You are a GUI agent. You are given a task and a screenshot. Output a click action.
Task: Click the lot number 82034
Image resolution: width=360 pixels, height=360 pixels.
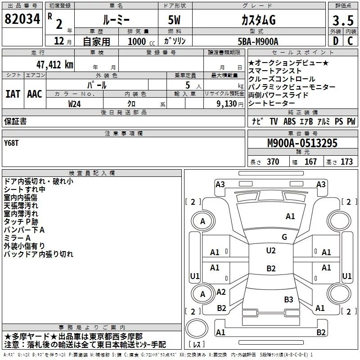[x=22, y=19]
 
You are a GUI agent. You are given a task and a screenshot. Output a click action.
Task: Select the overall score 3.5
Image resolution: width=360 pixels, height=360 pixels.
[x=343, y=20]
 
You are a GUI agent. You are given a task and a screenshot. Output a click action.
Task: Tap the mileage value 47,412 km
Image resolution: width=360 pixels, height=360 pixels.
[x=55, y=65]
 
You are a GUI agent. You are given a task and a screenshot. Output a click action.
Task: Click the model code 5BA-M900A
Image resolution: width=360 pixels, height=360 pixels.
[x=258, y=41]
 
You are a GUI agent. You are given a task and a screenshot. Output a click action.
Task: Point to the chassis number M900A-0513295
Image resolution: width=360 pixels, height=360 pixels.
[x=302, y=143]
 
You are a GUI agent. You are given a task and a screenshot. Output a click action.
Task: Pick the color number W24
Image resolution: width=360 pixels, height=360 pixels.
[x=74, y=104]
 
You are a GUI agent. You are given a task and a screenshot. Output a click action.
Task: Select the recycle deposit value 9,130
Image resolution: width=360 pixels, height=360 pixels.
[x=227, y=104]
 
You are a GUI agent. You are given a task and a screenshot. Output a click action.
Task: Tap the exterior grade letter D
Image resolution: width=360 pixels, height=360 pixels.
[x=336, y=41]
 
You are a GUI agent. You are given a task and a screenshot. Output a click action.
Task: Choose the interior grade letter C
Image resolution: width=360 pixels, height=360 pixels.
[x=350, y=41]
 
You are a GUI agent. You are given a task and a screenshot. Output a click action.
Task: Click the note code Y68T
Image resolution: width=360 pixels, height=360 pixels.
[x=11, y=143]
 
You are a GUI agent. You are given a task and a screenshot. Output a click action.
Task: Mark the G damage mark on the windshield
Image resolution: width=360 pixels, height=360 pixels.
[x=284, y=237]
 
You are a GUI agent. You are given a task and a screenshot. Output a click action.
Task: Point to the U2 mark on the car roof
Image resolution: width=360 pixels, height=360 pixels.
[x=271, y=251]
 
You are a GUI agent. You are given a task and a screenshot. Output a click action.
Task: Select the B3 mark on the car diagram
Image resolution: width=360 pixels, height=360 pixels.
[x=288, y=299]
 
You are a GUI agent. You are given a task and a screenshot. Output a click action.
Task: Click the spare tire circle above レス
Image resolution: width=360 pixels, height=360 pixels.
[x=197, y=328]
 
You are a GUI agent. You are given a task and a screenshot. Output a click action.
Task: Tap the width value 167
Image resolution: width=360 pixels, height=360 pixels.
[x=310, y=162]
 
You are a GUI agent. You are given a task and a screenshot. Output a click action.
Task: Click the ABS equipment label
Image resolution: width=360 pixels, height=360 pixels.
[x=289, y=121]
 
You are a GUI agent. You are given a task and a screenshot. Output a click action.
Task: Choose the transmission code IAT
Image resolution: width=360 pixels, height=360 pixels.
[x=13, y=94]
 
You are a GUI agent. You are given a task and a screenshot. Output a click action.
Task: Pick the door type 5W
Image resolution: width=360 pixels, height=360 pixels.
[x=174, y=20]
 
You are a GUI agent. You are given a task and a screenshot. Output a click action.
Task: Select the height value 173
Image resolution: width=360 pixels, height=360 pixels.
[x=346, y=162]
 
